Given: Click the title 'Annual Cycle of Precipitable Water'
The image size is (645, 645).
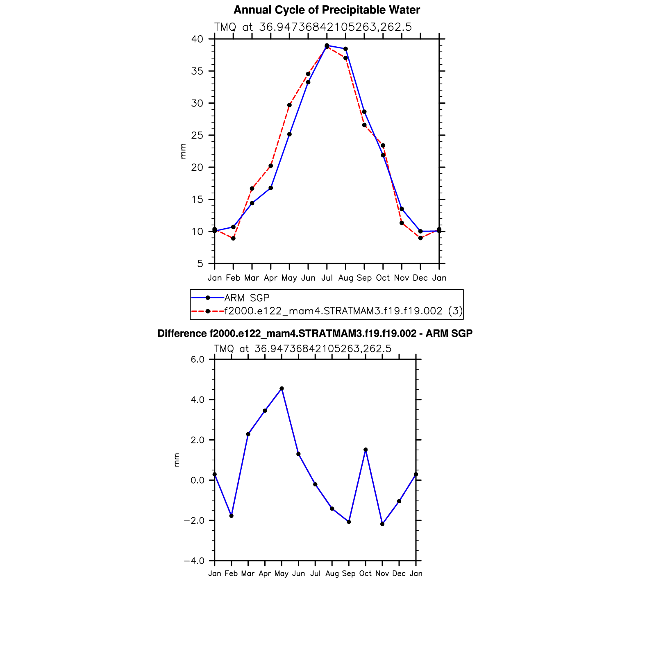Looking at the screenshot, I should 327,10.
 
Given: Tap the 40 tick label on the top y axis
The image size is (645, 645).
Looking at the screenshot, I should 197,39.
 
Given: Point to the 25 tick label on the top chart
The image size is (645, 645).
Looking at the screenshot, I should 197,135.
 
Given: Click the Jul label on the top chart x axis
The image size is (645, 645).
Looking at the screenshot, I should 327,278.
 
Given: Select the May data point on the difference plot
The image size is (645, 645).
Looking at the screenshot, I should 282,388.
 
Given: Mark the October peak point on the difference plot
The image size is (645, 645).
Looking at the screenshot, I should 366,450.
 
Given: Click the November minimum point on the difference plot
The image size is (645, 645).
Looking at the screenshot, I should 382,524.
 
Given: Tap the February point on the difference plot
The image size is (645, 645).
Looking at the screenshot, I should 231,516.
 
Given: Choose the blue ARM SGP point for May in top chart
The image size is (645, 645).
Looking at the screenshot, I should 289,134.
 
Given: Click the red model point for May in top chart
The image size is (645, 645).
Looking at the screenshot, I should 289,105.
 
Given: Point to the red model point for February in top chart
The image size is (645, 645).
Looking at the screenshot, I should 233,238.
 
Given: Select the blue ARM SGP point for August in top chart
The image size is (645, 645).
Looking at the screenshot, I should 345,49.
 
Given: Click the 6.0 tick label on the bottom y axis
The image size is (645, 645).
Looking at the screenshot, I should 198,359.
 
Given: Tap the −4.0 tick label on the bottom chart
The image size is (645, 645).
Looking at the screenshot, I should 194,561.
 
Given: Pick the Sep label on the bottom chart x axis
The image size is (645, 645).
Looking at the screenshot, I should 349,574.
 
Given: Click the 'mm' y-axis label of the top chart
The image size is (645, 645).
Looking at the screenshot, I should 183,151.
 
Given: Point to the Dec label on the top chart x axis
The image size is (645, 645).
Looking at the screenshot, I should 420,278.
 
